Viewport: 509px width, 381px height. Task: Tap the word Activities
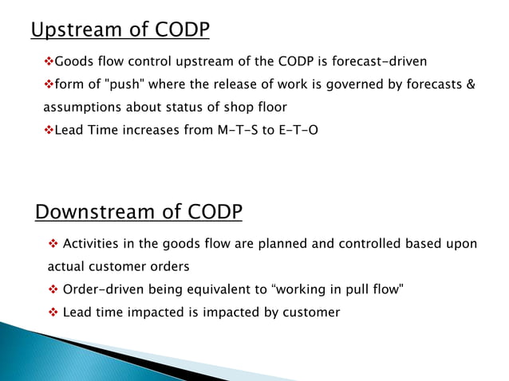tap(90, 243)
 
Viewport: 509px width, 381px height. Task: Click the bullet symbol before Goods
tap(47, 61)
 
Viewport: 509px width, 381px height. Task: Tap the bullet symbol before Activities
tap(53, 243)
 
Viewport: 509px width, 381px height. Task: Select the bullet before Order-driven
tap(53, 289)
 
